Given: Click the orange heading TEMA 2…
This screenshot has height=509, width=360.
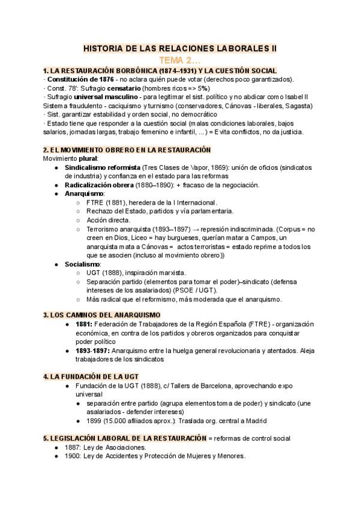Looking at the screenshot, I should [180, 60].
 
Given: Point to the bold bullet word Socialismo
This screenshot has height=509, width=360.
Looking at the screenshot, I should [82, 264].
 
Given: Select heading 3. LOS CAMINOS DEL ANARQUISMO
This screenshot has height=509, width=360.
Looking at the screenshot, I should [110, 315].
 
